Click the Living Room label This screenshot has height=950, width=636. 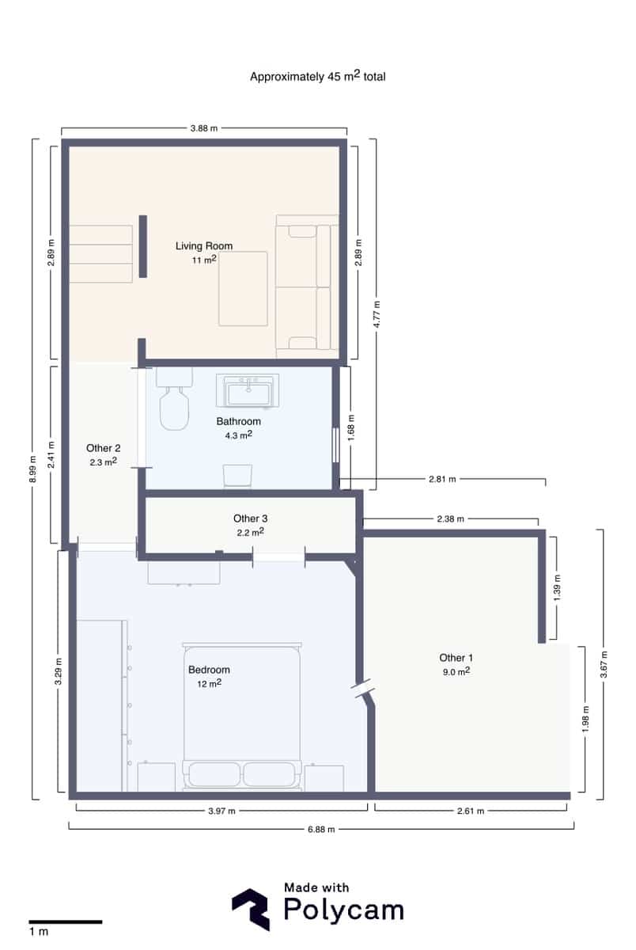(x=203, y=246)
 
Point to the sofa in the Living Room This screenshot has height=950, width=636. (x=308, y=287)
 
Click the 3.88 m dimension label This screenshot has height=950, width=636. (x=203, y=128)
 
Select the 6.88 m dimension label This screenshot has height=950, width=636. (x=320, y=829)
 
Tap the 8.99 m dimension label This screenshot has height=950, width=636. (x=32, y=469)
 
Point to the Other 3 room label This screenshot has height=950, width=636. (x=249, y=519)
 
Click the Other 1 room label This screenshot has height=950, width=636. (x=456, y=658)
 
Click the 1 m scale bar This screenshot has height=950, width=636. (x=66, y=921)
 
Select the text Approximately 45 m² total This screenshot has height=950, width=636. (x=317, y=77)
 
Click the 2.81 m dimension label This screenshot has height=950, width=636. (x=441, y=479)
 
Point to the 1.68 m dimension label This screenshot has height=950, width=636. (x=350, y=427)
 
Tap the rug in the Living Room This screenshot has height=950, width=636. (x=243, y=288)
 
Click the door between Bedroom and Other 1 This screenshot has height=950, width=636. (x=365, y=689)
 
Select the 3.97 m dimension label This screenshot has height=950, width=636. (x=221, y=811)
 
